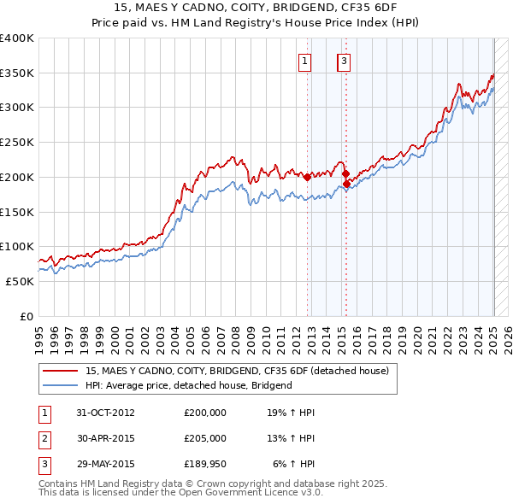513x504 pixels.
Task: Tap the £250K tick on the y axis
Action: (17, 142)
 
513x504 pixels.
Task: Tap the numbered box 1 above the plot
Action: (305, 61)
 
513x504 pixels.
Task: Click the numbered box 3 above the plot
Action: (344, 61)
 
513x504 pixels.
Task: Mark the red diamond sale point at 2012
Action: (307, 178)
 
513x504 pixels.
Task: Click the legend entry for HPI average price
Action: (189, 385)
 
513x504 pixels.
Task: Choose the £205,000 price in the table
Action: (205, 438)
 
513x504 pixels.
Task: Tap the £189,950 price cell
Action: (205, 464)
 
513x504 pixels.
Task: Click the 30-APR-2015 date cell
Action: (105, 438)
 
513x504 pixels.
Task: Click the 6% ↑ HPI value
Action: (294, 464)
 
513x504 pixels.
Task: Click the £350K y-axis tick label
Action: (17, 73)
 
